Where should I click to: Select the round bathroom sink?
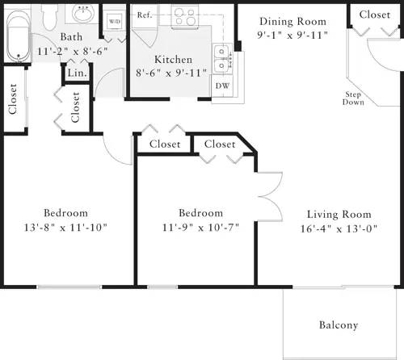pos(82,14)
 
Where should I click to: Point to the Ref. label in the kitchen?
pos(145,15)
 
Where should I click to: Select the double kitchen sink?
pos(221,55)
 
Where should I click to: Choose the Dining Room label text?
pos(292,21)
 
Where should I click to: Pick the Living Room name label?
pos(339,214)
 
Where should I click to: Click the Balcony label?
pos(338,325)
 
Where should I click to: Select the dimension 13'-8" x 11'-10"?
pos(65,227)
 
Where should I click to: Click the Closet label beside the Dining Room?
pos(375,15)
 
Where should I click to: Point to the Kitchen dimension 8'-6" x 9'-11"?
pos(173,73)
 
